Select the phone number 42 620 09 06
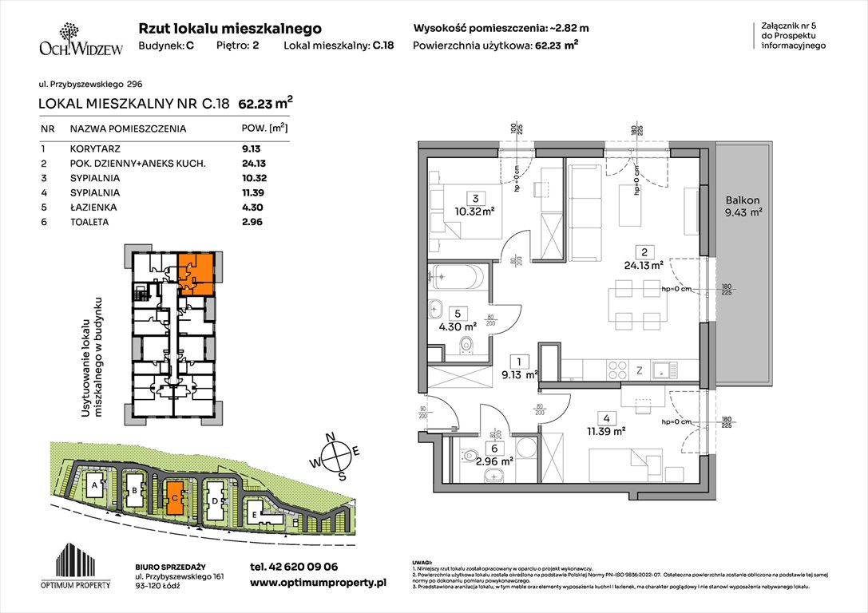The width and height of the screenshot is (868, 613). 294,566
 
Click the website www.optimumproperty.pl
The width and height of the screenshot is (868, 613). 318,583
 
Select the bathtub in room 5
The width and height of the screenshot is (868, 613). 455,279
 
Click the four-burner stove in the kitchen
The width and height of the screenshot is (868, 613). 618,370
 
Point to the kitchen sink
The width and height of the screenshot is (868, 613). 663,370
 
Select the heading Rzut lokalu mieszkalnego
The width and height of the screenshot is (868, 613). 230,28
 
